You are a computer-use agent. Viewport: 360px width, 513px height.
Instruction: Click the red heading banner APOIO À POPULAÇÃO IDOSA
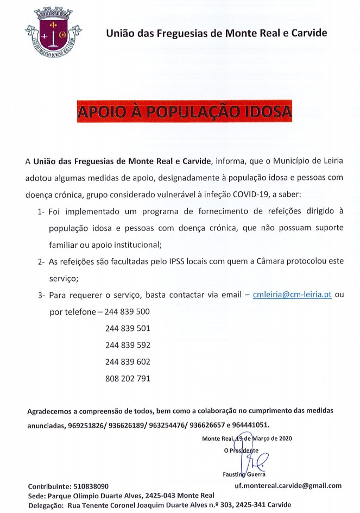[x=184, y=111]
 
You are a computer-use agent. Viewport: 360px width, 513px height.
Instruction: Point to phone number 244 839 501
[x=128, y=328]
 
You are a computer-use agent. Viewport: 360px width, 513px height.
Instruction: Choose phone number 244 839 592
[x=128, y=345]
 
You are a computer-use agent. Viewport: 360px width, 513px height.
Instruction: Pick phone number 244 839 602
[x=128, y=361]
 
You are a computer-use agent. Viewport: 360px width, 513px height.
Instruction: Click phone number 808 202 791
[x=128, y=378]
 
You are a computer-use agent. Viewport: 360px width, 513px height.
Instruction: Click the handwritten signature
[x=255, y=461]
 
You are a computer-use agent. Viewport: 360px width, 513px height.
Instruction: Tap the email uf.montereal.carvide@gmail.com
[x=288, y=485]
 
